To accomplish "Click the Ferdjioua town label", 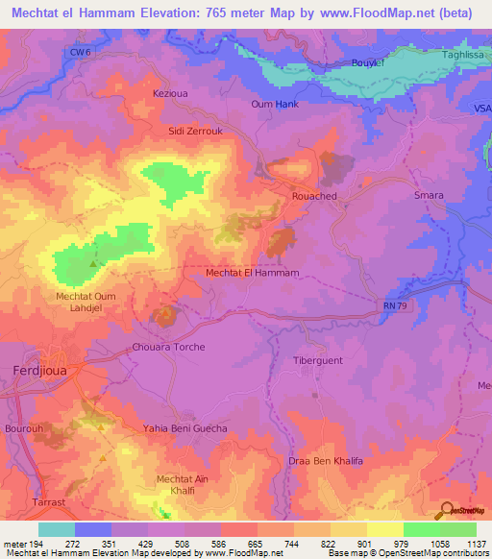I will click(x=34, y=369).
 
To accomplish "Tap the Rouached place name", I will click(x=314, y=195).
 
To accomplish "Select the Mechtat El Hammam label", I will click(x=254, y=273).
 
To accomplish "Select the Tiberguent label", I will click(x=317, y=360).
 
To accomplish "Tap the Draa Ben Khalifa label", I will click(x=326, y=462).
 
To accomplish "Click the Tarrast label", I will click(x=21, y=501).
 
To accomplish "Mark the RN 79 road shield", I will click(x=386, y=305).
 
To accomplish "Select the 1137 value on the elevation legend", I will click(x=476, y=543).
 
